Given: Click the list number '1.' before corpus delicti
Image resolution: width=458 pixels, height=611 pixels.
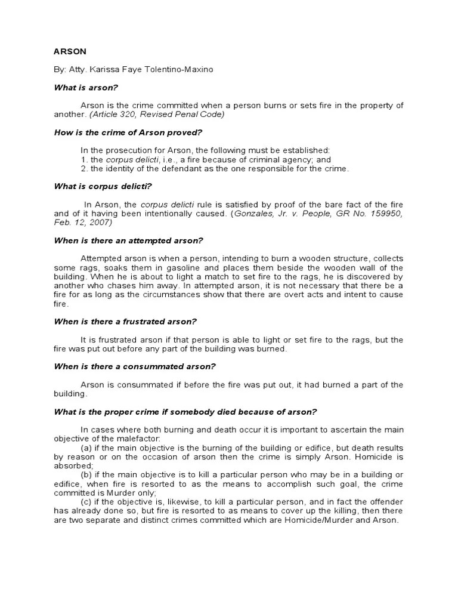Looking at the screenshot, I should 83,160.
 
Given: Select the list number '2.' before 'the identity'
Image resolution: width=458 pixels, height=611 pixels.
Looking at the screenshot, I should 83,168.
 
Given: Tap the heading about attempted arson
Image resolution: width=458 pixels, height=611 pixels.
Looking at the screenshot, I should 129,240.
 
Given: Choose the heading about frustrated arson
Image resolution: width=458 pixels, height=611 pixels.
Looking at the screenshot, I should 125,322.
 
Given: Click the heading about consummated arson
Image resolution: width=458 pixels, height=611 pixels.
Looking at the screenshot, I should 135,366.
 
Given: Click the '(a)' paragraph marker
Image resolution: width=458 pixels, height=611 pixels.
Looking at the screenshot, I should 86,448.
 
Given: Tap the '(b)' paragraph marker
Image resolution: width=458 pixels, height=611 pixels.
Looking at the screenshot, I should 86,475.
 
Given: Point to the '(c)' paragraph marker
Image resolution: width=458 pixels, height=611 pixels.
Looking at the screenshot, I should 86,502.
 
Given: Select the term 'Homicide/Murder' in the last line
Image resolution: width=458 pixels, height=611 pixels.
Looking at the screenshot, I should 316,520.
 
